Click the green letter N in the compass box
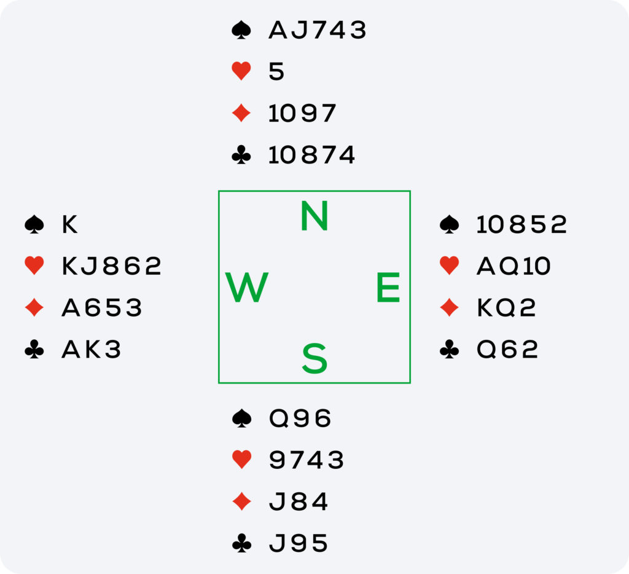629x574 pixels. (x=314, y=216)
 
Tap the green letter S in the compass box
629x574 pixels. (x=314, y=358)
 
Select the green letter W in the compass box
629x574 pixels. (x=247, y=287)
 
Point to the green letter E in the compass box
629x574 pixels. (x=388, y=287)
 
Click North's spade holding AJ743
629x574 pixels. (x=318, y=30)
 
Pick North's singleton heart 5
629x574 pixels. (x=276, y=72)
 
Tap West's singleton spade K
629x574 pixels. (x=70, y=224)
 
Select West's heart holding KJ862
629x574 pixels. (x=112, y=265)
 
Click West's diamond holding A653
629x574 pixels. (x=102, y=307)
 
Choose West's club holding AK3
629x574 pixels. (x=92, y=349)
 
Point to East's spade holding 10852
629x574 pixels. (x=522, y=224)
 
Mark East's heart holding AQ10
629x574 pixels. (x=514, y=265)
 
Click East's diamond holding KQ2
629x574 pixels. (x=506, y=307)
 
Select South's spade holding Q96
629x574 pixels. (x=300, y=419)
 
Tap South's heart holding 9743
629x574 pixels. (x=307, y=460)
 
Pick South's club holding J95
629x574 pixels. (x=299, y=543)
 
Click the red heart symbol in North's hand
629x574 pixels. (x=241, y=71)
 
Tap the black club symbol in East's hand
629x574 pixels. (x=449, y=349)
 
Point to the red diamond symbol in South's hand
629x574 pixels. (x=241, y=501)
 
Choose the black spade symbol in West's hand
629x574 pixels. (x=34, y=224)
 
